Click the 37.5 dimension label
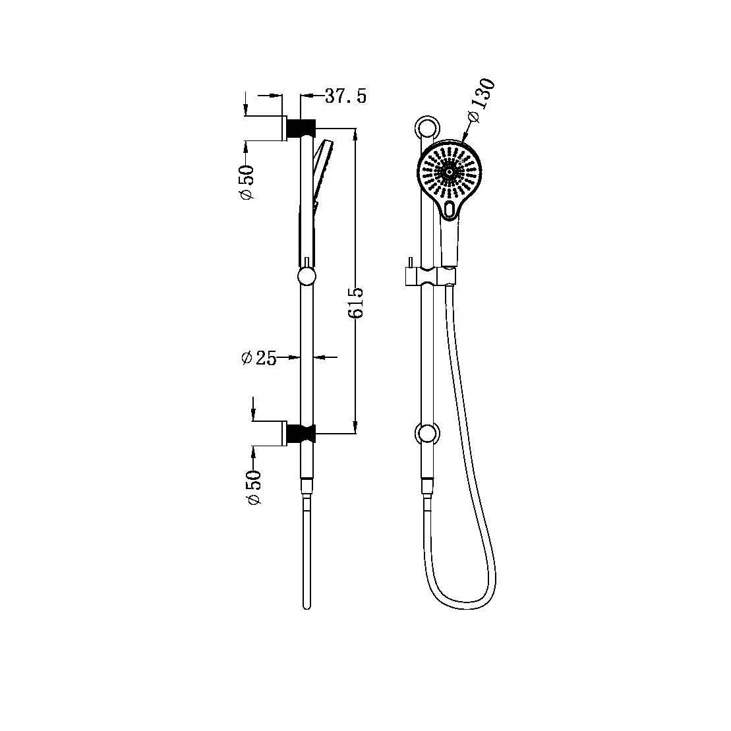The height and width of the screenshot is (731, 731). [x=345, y=96]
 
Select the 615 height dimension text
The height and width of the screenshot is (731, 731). [x=355, y=303]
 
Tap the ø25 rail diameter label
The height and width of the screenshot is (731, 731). [x=258, y=358]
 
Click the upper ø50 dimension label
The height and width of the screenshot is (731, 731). [x=247, y=181]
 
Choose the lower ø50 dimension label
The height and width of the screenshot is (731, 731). [x=254, y=488]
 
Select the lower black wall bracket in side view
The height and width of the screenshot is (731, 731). [x=302, y=432]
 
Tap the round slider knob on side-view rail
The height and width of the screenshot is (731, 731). [x=307, y=276]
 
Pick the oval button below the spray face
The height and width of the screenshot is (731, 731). [x=450, y=209]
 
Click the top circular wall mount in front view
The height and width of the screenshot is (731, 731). [x=426, y=127]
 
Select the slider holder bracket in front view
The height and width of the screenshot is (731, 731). [x=428, y=276]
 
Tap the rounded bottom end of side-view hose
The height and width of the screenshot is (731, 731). [x=307, y=605]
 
